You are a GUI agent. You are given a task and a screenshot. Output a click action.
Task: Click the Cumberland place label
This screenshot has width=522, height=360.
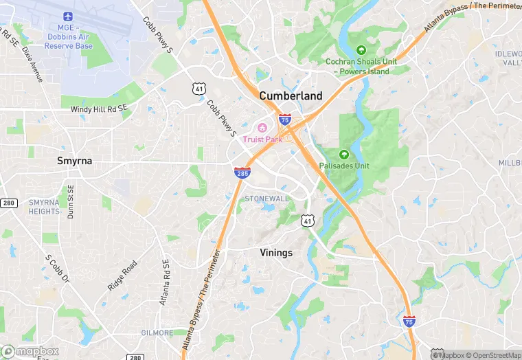coord(291,96)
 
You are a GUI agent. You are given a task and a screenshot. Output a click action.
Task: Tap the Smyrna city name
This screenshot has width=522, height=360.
coord(74,161)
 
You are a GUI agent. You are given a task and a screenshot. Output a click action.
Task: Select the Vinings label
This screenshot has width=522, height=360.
coord(276,253)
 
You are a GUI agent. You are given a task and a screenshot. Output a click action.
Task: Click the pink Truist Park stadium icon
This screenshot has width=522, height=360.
coord(262,128)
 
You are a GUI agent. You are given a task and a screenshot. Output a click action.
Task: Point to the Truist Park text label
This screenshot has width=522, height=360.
coord(262,139)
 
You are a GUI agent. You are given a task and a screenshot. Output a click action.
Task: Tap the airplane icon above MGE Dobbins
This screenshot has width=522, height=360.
coord(68,16)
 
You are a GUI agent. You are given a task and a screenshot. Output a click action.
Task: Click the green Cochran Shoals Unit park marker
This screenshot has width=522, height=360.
coord(361,49)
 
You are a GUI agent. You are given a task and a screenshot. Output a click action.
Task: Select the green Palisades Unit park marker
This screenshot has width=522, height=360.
coord(344,154)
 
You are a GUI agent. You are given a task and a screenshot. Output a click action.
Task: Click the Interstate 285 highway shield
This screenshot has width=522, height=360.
coord(242,173)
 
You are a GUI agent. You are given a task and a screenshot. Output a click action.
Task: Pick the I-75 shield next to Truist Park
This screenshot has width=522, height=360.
coord(284,120)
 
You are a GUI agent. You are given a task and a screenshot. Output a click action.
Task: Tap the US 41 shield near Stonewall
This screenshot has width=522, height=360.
coord(307,221)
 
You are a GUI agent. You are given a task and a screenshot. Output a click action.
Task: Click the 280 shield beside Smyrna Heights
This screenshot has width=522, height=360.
coord(8,203)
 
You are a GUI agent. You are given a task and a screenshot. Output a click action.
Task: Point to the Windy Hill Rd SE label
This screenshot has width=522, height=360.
coord(99,109)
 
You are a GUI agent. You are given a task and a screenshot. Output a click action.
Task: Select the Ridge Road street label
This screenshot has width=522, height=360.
coord(122,275)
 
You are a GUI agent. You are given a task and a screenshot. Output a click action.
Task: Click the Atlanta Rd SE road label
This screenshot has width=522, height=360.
coord(164,282)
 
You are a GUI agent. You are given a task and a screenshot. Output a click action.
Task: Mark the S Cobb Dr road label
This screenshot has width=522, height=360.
coord(58,270)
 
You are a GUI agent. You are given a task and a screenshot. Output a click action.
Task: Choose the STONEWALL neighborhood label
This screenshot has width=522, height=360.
coord(267,199)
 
